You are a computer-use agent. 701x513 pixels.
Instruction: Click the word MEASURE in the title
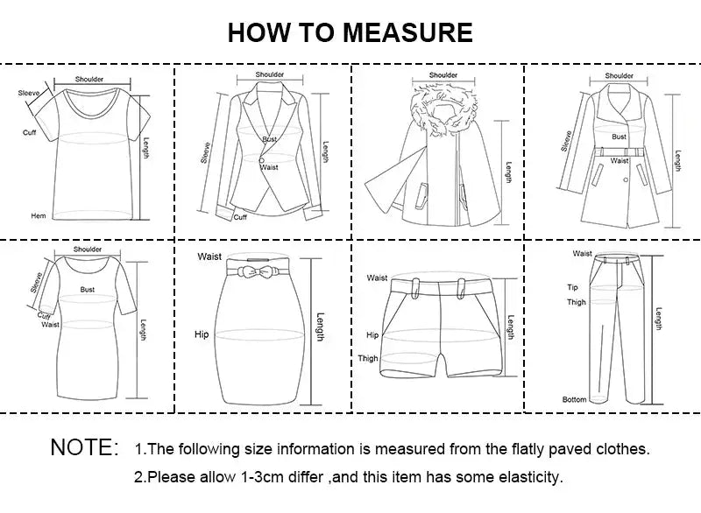pos(407,32)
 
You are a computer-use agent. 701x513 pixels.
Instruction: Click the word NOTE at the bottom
pos(84,447)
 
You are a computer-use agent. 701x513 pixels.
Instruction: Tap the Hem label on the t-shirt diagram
pos(38,215)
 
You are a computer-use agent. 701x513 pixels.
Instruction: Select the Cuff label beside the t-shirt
pos(29,132)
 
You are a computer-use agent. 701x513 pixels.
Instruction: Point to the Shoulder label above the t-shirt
pos(89,80)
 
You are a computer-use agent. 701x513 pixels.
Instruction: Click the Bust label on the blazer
pos(269,139)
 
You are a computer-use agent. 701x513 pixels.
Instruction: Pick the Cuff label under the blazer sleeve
pos(240,217)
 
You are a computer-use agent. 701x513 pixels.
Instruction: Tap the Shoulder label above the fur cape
pos(443,76)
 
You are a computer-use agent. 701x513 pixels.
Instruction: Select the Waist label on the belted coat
pos(620,161)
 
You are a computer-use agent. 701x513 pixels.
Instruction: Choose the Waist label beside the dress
pos(51,324)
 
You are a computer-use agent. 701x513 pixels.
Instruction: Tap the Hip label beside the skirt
pos(202,334)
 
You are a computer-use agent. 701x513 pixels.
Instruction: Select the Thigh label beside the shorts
pos(368,359)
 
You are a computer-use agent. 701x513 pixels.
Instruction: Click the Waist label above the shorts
pos(377,278)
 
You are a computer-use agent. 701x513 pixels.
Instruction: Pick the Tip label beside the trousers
pos(574,287)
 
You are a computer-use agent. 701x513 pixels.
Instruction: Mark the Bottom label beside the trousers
pos(575,400)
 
